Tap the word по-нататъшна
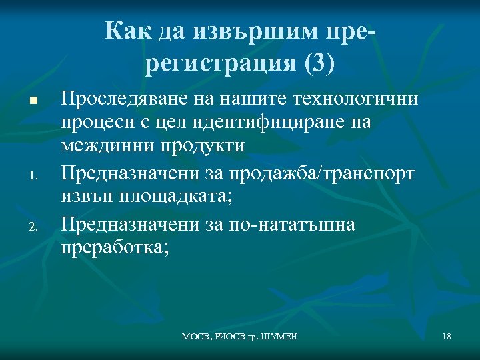pyautogui.click(x=289, y=225)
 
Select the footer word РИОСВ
pyautogui.click(x=231, y=337)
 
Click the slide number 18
pyautogui.click(x=446, y=337)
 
